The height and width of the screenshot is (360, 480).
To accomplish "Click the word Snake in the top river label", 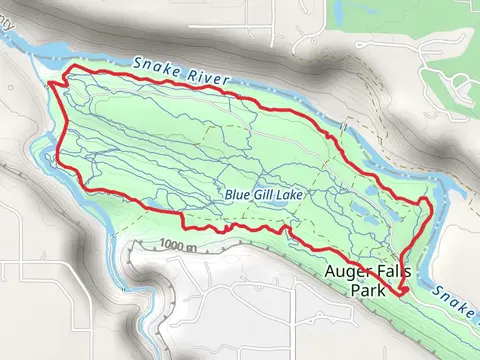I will pyautogui.click(x=156, y=66).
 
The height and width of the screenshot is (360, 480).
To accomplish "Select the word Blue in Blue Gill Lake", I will pyautogui.click(x=236, y=195).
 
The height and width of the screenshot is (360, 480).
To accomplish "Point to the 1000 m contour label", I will pyautogui.click(x=174, y=245).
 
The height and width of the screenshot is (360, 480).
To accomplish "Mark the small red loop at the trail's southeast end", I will pyautogui.click(x=402, y=291).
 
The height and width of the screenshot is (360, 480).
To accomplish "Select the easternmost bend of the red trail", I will pyautogui.click(x=431, y=205).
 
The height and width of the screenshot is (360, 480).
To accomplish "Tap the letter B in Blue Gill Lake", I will pyautogui.click(x=228, y=195).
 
